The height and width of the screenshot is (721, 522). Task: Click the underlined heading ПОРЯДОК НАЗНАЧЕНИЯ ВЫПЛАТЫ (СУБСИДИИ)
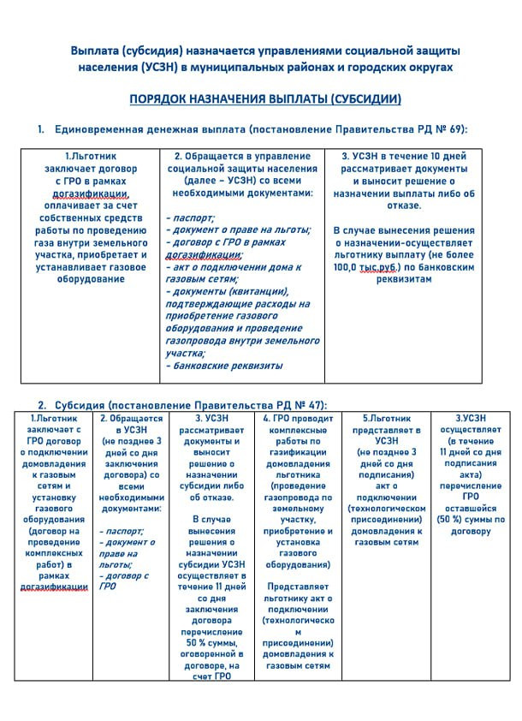(x=264, y=99)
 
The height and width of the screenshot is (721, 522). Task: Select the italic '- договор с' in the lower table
(x=124, y=575)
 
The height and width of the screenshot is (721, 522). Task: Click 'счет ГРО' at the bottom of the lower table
(x=211, y=676)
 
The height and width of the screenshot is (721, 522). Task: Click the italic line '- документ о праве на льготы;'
(x=238, y=229)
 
